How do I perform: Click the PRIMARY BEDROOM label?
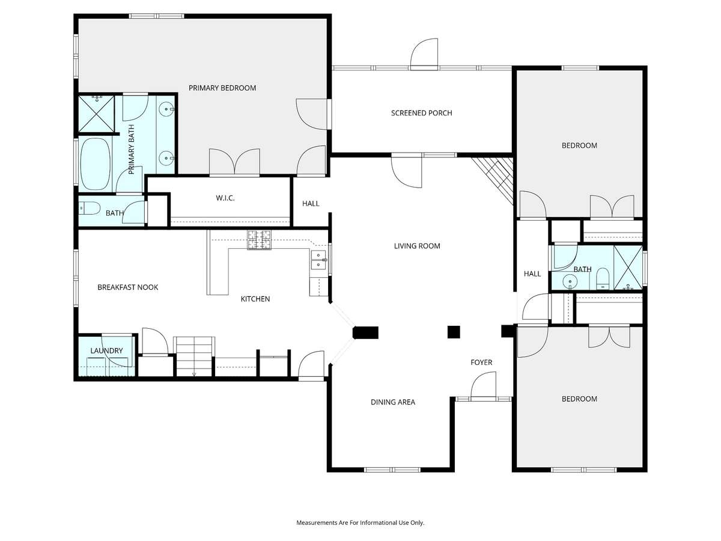coord(222,88)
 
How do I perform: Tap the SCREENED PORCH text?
coord(421,113)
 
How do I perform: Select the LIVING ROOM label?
coord(417,246)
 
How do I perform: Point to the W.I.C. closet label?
coord(225,198)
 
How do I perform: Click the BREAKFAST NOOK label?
coord(128,287)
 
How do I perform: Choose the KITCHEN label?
coord(255,299)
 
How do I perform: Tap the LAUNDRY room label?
coord(106,351)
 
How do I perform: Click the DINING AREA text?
coord(393,402)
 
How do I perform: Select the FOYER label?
coord(481,362)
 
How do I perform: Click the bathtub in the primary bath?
coord(95,164)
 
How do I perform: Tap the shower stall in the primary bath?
coord(97,114)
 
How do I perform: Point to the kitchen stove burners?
coord(260,240)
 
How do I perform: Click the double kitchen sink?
coord(318,260)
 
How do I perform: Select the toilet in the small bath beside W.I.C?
coord(90,208)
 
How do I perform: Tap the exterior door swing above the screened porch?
coord(424,54)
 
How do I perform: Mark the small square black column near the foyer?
coord(454,332)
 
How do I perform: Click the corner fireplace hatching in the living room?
coord(493,180)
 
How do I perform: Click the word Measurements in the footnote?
coord(317,522)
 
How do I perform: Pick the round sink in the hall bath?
coord(570,282)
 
